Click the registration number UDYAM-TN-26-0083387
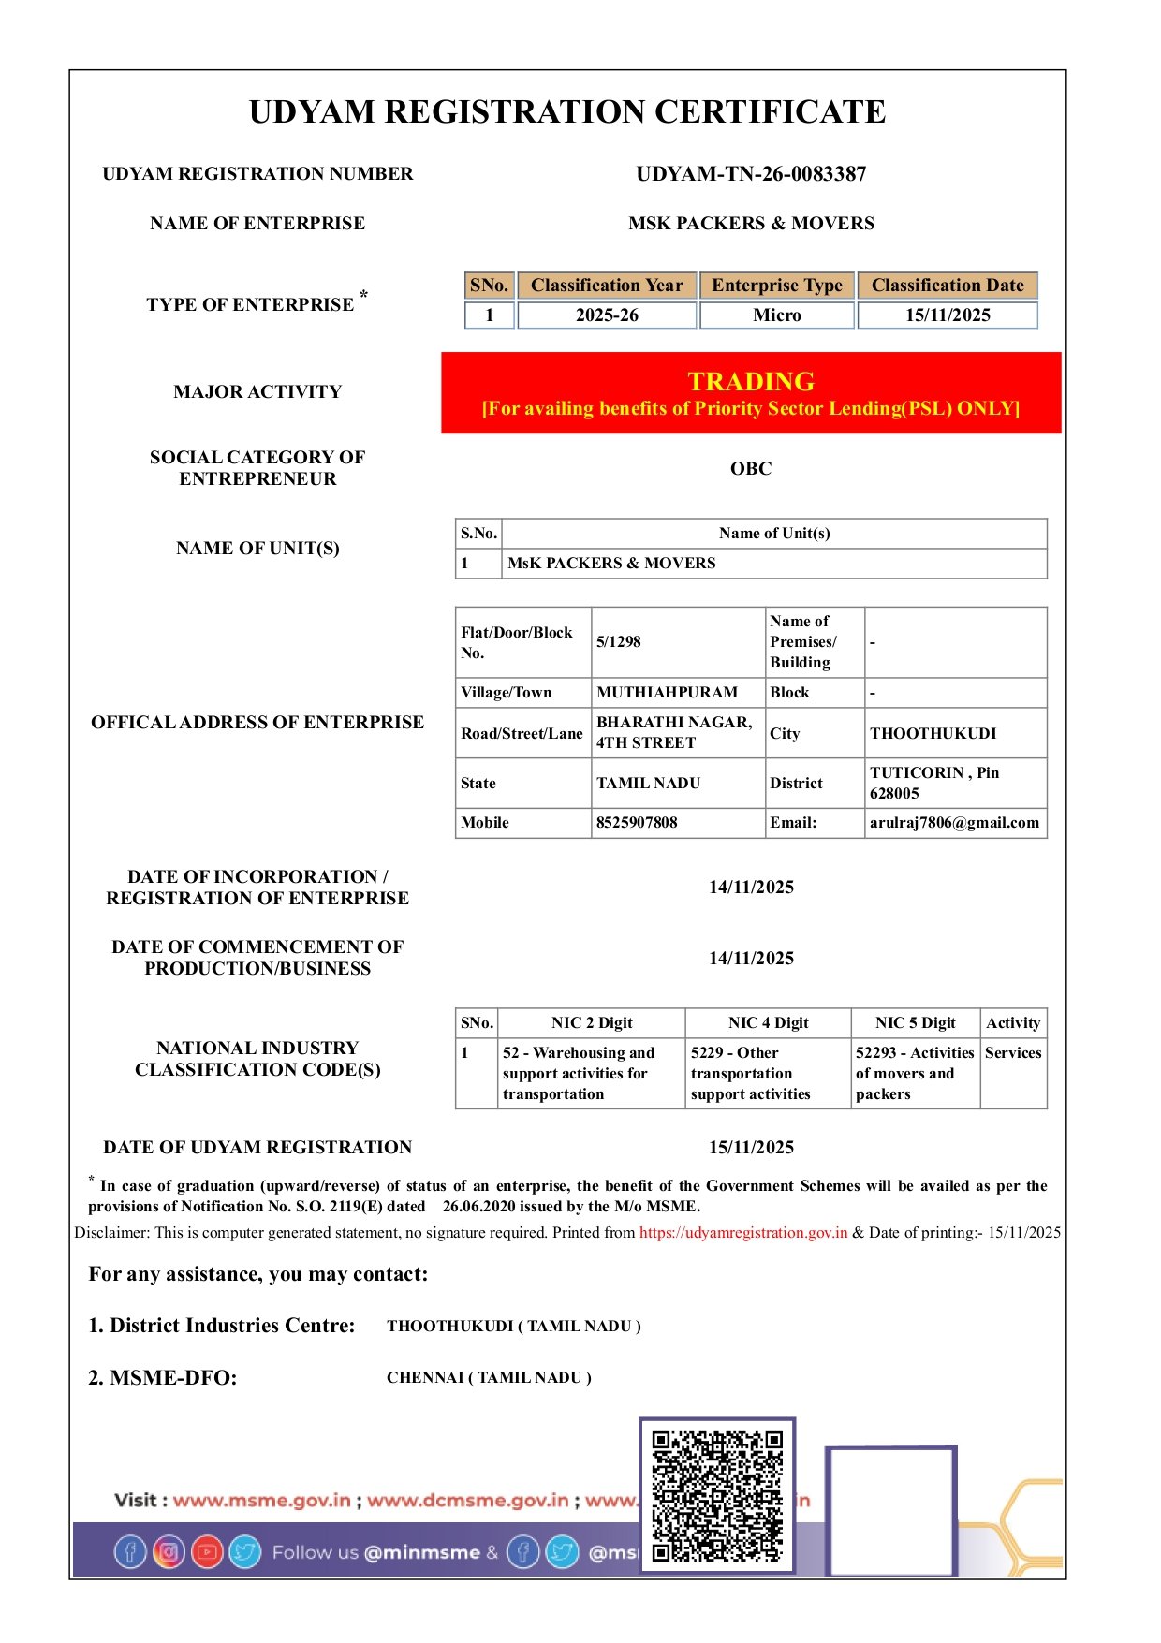pyautogui.click(x=751, y=174)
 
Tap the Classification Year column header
pyautogui.click(x=607, y=286)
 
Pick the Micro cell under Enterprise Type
pyautogui.click(x=777, y=315)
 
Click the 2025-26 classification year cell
pyautogui.click(x=607, y=315)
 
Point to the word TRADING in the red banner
pyautogui.click(x=751, y=381)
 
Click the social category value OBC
pyautogui.click(x=751, y=469)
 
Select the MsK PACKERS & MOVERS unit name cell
pyautogui.click(x=611, y=564)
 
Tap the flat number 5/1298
pyautogui.click(x=619, y=642)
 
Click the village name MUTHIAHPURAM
pyautogui.click(x=667, y=693)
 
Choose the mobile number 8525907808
pyautogui.click(x=637, y=823)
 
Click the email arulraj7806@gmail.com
pyautogui.click(x=954, y=823)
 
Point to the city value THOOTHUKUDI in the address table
pyautogui.click(x=933, y=734)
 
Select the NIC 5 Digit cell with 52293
pyautogui.click(x=914, y=1073)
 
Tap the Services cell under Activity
pyautogui.click(x=1013, y=1053)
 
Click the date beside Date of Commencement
pyautogui.click(x=751, y=959)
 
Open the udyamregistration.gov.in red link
pyautogui.click(x=743, y=1233)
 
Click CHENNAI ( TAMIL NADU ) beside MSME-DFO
pyautogui.click(x=489, y=1378)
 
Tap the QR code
pyautogui.click(x=717, y=1495)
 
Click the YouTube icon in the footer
pyautogui.click(x=207, y=1552)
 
